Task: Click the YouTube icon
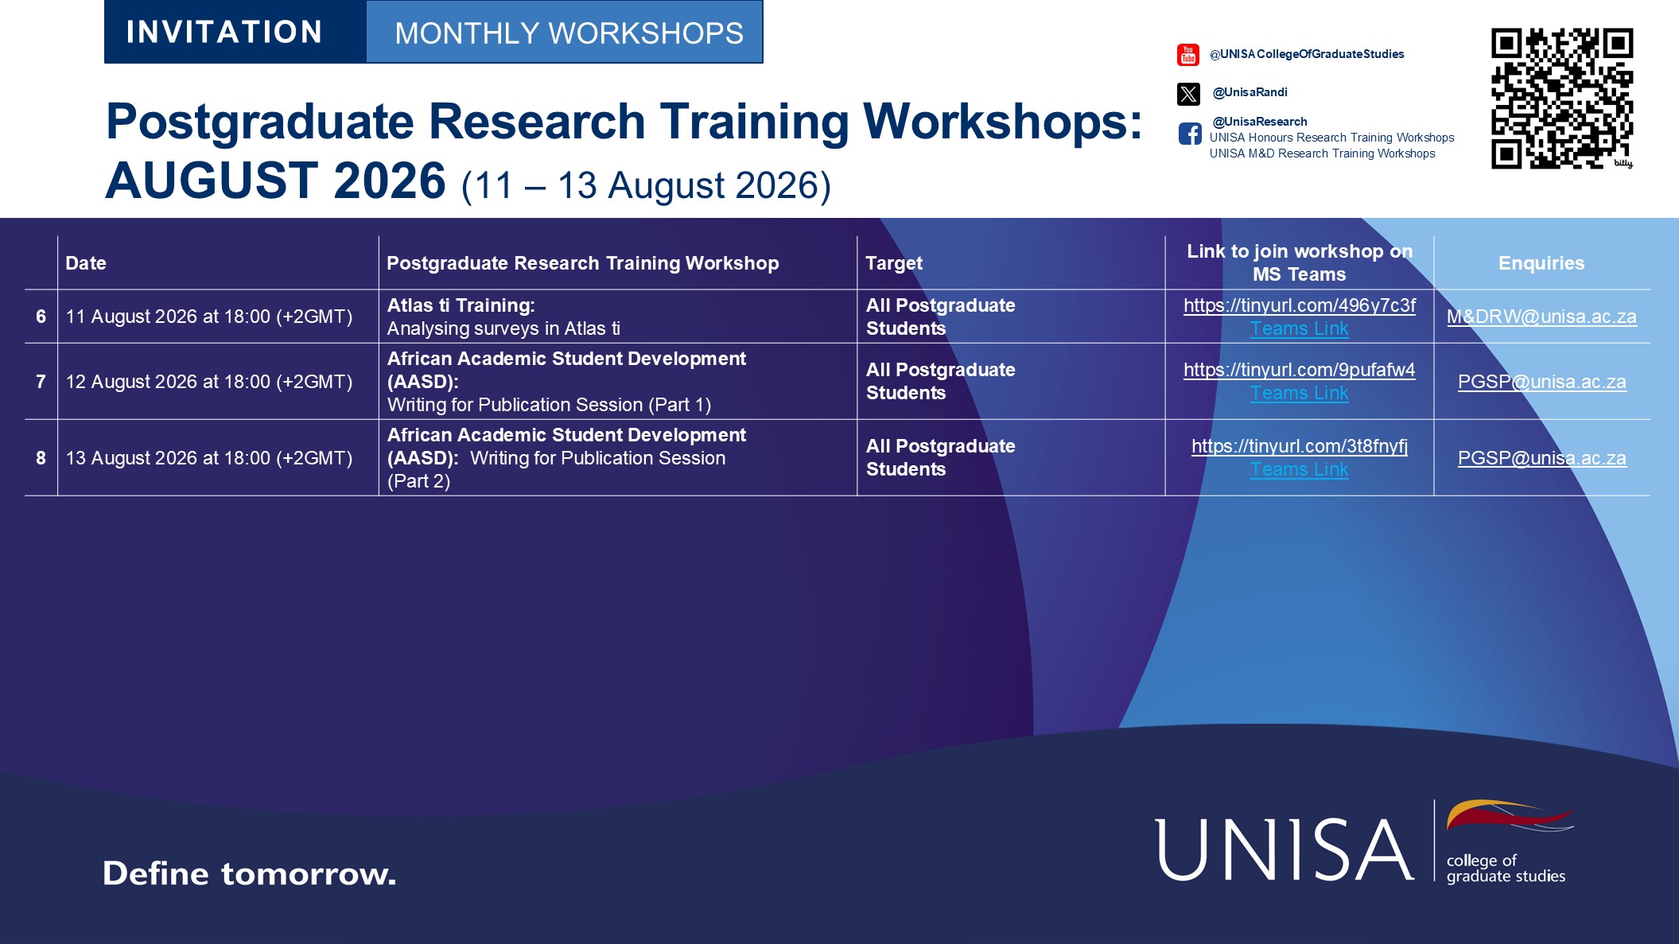click(x=1188, y=55)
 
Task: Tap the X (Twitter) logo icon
click(x=1188, y=94)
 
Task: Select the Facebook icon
click(x=1190, y=134)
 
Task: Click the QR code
click(x=1562, y=99)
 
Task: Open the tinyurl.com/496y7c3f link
click(x=1300, y=305)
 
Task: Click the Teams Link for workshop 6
click(x=1300, y=328)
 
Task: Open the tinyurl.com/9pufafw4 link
click(x=1300, y=370)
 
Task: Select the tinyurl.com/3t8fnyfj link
click(x=1300, y=446)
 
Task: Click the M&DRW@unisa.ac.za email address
click(x=1541, y=317)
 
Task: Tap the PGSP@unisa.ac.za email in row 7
click(x=1541, y=382)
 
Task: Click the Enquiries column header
click(x=1541, y=263)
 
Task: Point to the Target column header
click(x=894, y=263)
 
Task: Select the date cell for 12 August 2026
click(x=209, y=382)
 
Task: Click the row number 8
click(x=41, y=458)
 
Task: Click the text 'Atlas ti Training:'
click(x=461, y=305)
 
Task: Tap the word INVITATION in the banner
click(x=224, y=32)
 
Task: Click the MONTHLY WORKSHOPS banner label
click(x=569, y=33)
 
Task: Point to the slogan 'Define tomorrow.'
click(x=249, y=873)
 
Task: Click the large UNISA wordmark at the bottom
click(x=1285, y=849)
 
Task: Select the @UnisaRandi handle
click(x=1250, y=92)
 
